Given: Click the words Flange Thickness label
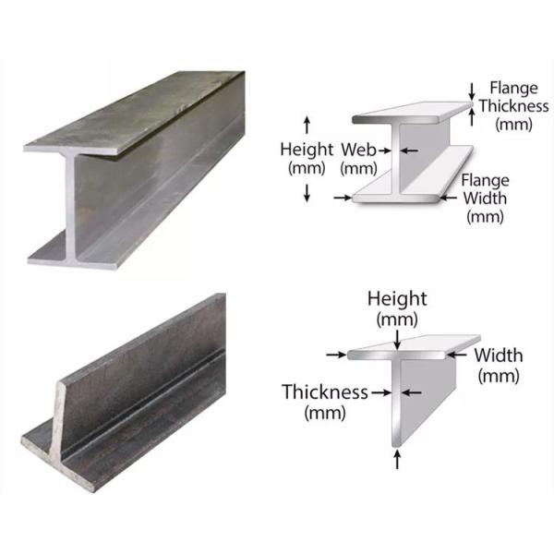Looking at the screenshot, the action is click(513, 106).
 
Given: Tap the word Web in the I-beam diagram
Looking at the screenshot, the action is click(358, 150).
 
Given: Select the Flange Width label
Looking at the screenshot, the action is click(485, 199).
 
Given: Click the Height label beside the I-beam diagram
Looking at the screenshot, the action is click(307, 159).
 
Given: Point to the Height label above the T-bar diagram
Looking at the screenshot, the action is click(397, 309).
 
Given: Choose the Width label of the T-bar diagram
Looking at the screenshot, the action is click(499, 366).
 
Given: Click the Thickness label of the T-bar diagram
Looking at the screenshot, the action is click(325, 402).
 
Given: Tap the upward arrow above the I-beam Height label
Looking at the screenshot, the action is click(307, 125).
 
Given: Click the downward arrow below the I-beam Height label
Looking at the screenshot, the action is click(307, 193).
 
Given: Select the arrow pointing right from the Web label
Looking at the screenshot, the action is click(385, 151).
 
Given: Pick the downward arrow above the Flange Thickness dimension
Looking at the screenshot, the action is click(472, 91).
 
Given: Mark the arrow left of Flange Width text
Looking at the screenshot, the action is click(449, 198).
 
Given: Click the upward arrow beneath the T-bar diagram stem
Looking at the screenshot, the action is click(397, 459).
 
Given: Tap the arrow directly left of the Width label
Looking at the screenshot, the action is click(457, 354).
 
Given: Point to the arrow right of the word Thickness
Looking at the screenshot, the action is click(381, 392).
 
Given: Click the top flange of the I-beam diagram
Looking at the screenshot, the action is click(412, 113).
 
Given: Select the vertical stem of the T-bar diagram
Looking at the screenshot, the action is click(396, 403).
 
